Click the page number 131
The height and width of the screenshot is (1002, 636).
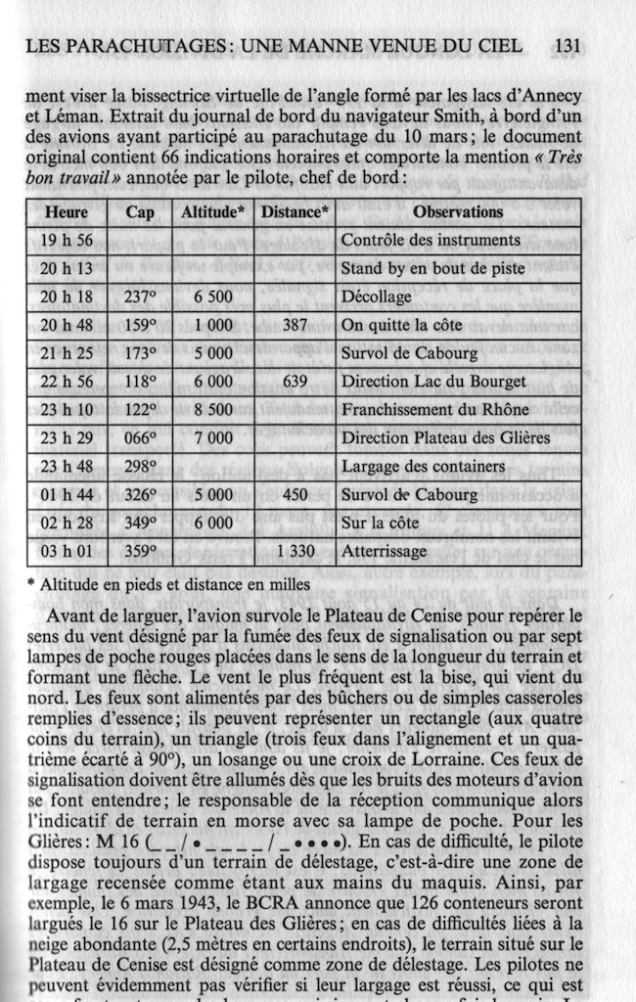568,45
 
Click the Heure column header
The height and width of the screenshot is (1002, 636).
67,212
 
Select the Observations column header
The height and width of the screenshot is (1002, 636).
458,211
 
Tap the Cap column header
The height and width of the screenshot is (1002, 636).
140,212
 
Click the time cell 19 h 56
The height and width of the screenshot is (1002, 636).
67,240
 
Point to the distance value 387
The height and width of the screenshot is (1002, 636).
295,325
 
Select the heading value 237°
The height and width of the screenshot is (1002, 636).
141,296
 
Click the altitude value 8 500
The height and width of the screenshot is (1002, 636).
213,410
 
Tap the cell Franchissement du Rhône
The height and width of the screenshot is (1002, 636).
434,410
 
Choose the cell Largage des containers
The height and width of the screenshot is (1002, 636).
423,467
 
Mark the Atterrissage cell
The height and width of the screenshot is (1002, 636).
384,552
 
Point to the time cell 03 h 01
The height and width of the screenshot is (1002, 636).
67,552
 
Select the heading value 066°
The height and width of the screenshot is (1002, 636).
141,438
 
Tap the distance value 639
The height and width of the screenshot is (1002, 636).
295,382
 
